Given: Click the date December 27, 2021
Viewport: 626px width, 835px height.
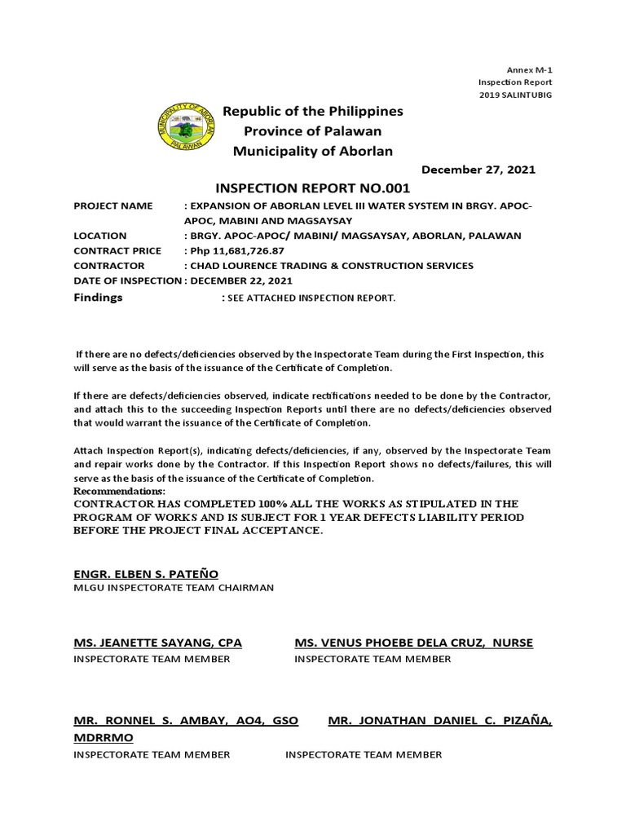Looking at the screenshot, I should click(x=478, y=170).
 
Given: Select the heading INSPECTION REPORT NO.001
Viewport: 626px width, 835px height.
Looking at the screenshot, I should click(x=307, y=188).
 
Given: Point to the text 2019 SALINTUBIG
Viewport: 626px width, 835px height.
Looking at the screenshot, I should click(x=515, y=95).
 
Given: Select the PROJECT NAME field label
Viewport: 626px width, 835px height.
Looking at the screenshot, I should click(x=113, y=206).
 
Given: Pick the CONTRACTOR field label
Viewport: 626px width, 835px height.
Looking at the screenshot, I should click(x=109, y=266).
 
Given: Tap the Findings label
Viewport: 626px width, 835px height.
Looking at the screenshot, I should click(x=98, y=298).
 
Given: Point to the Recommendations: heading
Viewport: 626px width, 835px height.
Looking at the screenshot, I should click(x=119, y=492).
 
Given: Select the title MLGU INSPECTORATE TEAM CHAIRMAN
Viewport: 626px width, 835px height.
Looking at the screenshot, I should click(x=174, y=587).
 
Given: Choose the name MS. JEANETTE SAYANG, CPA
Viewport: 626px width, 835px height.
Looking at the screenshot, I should click(x=157, y=643).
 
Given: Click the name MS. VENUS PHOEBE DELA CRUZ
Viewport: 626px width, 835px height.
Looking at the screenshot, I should click(x=394, y=643).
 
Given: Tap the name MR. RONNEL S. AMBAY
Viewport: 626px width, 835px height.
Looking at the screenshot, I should click(x=163, y=721).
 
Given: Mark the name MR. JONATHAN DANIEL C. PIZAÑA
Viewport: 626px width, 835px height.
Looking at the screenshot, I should click(x=440, y=721).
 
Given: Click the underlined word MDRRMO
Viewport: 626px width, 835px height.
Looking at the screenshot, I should click(x=104, y=737).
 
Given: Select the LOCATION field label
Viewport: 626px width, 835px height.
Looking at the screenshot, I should click(x=100, y=236).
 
